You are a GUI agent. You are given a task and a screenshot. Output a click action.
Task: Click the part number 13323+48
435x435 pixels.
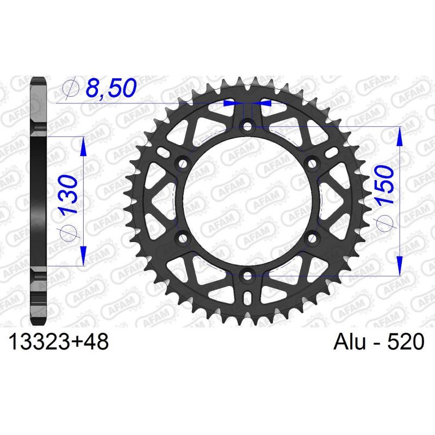(58, 342)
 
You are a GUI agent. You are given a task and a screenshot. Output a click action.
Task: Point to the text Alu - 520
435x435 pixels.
(375, 342)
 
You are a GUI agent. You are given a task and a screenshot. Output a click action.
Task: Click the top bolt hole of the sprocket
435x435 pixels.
(247, 127)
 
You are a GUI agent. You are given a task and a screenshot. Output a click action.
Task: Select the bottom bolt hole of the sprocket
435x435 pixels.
(247, 276)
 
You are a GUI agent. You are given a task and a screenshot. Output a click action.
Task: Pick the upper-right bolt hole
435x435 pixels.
(312, 163)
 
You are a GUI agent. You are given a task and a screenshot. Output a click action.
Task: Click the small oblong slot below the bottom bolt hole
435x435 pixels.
(247, 299)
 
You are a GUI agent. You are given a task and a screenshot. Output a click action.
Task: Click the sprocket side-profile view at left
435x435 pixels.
(40, 201)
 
